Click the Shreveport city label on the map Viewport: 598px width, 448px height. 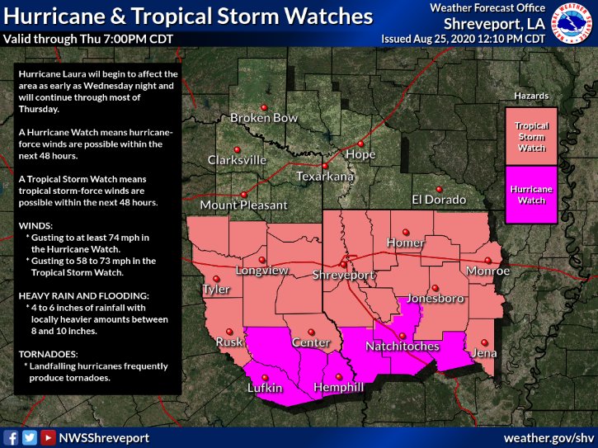click(344, 276)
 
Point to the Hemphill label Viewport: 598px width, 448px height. click(339, 388)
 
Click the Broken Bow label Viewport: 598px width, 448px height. click(264, 118)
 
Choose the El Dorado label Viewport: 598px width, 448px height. click(439, 200)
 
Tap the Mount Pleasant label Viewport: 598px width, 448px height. click(243, 205)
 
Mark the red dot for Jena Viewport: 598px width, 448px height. click(485, 342)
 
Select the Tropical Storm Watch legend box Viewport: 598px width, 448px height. click(531, 137)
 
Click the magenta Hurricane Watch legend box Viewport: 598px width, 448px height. click(531, 195)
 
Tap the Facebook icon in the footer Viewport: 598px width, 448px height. click(12, 437)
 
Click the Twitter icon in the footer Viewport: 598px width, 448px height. click(30, 437)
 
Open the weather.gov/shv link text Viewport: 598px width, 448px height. click(549, 436)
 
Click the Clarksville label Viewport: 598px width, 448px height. click(237, 159)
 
